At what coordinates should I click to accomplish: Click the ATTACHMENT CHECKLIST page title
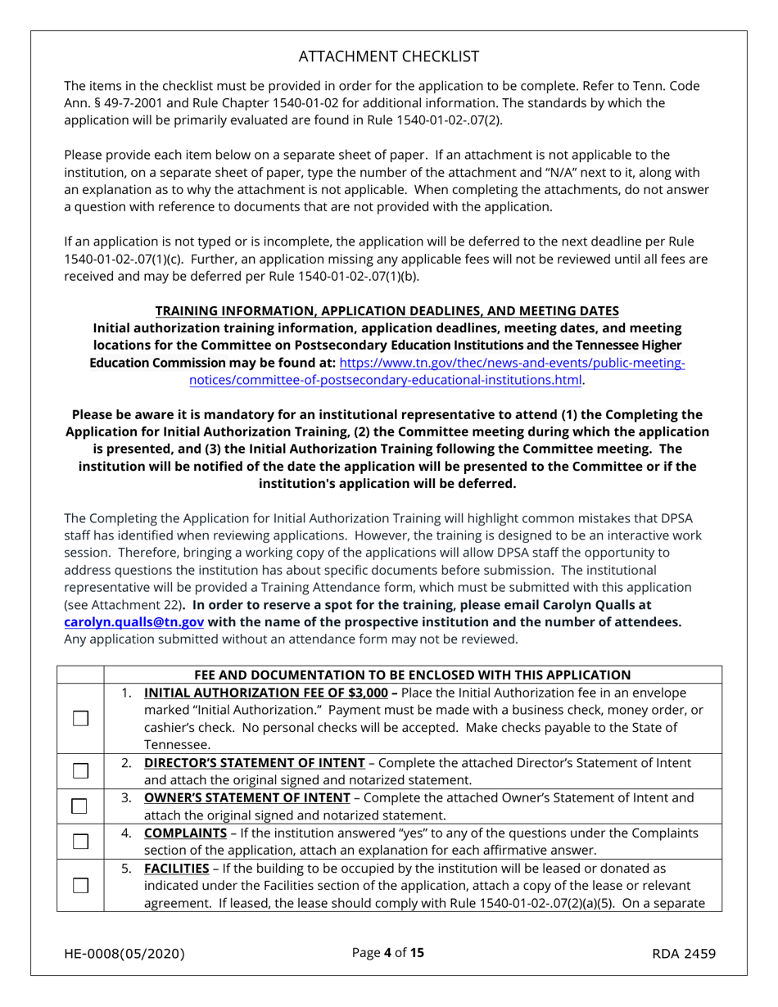[389, 56]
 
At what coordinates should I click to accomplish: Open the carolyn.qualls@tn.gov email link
[133, 621]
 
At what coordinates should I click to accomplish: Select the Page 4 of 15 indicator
[388, 953]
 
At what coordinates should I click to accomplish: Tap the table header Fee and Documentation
[412, 675]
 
